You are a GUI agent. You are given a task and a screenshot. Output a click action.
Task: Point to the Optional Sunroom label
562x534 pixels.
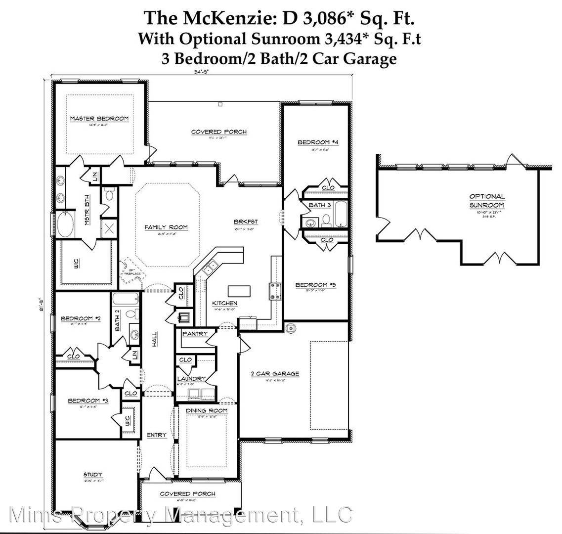[x=487, y=200]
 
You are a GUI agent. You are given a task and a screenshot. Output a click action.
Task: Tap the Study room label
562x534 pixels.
[x=92, y=475]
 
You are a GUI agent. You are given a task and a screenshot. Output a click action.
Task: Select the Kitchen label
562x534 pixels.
[x=224, y=303]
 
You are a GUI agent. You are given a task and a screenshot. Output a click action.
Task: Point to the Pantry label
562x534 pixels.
[x=195, y=334]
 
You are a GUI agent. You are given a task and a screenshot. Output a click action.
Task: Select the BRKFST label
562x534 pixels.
[x=246, y=222]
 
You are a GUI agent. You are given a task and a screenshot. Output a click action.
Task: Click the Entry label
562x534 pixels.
[x=156, y=435]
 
